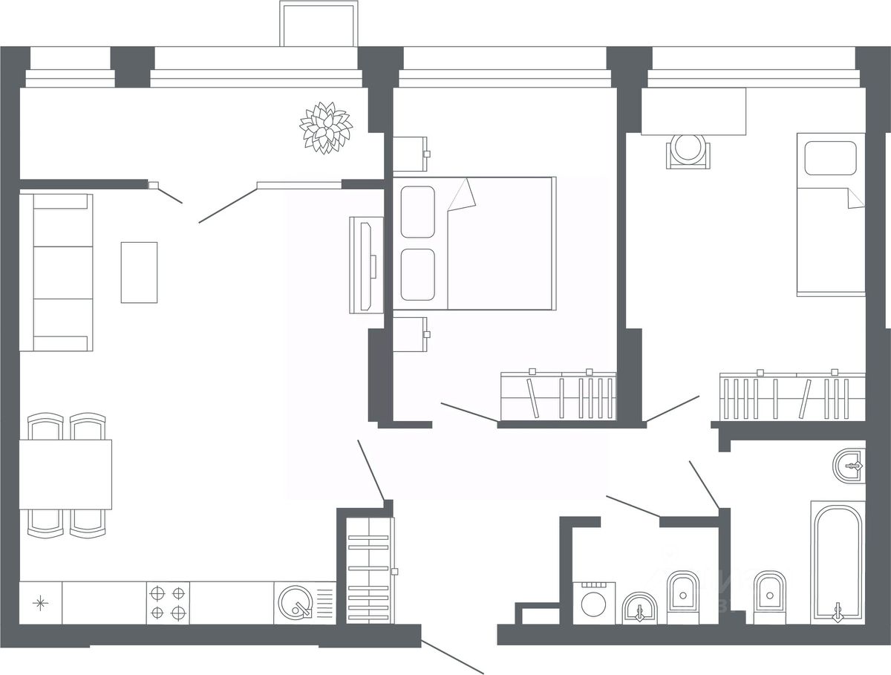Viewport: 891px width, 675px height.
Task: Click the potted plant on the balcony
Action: point(325,128)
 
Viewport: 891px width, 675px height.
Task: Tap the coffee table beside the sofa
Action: point(139,272)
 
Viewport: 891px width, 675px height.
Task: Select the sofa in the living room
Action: point(56,272)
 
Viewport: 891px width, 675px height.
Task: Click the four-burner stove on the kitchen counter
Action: point(168,603)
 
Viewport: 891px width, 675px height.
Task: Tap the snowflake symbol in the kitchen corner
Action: point(40,603)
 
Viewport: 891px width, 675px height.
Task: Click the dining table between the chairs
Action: point(65,474)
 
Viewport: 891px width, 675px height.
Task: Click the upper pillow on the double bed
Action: point(417,212)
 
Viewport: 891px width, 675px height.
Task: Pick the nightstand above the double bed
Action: point(408,154)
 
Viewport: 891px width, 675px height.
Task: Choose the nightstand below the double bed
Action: point(410,334)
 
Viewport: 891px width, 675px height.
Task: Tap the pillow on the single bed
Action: point(831,157)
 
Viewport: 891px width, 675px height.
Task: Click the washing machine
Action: point(594,603)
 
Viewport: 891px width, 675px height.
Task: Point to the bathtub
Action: point(838,561)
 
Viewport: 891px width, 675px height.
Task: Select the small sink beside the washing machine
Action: point(639,609)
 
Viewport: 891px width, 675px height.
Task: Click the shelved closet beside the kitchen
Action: point(369,570)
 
